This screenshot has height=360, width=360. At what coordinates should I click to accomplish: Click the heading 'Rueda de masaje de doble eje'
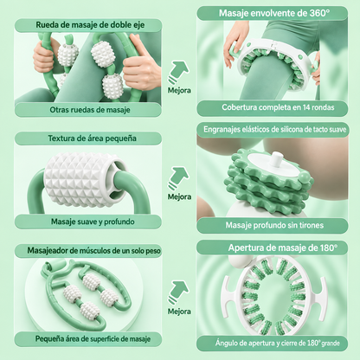coord(90,25)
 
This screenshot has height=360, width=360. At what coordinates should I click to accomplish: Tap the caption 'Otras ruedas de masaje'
coord(90,110)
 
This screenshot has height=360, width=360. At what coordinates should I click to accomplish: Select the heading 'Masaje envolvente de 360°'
coord(274,13)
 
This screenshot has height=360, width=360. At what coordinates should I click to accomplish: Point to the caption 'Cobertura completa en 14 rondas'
coord(278,107)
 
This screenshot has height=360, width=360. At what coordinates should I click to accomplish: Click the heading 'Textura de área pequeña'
coord(92,138)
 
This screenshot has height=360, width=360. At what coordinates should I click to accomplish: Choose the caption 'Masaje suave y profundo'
coord(93,222)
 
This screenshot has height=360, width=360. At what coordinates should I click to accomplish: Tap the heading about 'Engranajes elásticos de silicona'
coord(274,130)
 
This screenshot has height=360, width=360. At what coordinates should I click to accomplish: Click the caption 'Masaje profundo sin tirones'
coord(274,225)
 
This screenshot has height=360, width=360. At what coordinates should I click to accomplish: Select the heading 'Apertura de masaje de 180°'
coord(283,247)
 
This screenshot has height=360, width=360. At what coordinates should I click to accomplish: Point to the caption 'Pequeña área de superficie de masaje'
coord(93,339)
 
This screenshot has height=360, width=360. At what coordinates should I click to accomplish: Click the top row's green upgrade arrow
coord(178,72)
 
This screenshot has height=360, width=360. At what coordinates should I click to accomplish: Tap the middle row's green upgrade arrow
coord(178,178)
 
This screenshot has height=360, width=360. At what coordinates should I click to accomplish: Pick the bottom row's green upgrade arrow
coord(178,292)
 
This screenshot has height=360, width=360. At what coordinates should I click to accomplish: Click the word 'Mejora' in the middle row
coord(179,197)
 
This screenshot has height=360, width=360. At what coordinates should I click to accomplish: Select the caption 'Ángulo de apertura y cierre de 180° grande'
coord(277,344)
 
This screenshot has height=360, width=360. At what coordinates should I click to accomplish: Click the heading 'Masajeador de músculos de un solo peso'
coord(93,251)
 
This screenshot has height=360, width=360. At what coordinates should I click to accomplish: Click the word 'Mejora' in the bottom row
coord(179,312)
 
